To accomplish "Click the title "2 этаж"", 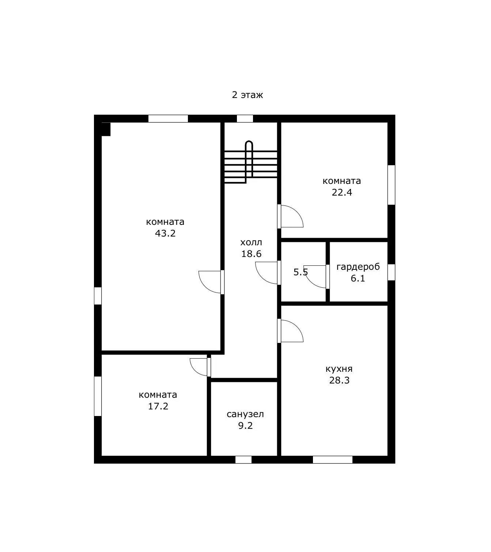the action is click(x=248, y=95).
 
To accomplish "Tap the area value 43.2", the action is click(x=165, y=234).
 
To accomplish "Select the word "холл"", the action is click(x=251, y=242).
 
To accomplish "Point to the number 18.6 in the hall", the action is click(x=251, y=254).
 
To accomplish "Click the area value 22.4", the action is click(x=342, y=192).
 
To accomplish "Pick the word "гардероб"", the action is click(x=358, y=267).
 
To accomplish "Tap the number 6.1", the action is click(x=358, y=279).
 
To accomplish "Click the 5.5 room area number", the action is click(x=301, y=272).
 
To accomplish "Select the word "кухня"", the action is click(x=339, y=368).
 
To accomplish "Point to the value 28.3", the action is click(x=339, y=380).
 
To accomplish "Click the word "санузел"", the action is click(x=245, y=414).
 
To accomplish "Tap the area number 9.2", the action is click(x=245, y=426).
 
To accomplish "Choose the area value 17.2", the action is click(x=158, y=406).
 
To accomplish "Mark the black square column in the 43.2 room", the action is click(x=106, y=129).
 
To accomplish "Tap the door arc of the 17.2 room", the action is click(x=194, y=371).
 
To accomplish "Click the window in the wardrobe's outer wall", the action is click(x=391, y=272).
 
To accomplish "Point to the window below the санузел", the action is click(x=243, y=460).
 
